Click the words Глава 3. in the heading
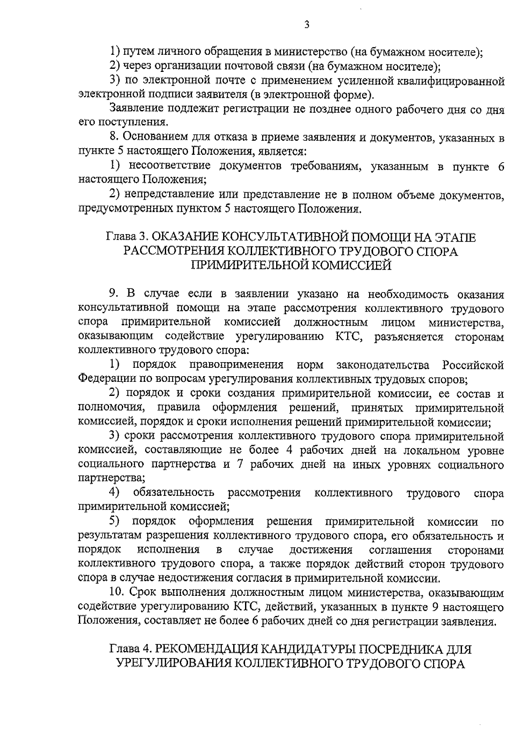pos(127,237)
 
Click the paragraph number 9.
pos(113,294)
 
